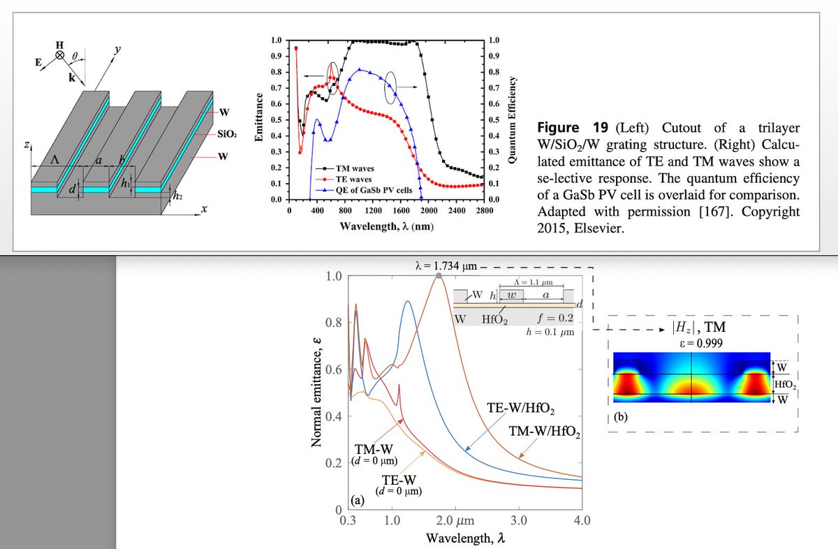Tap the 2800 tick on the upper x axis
[484, 210]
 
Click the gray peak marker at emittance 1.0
[439, 277]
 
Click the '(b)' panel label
[621, 418]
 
